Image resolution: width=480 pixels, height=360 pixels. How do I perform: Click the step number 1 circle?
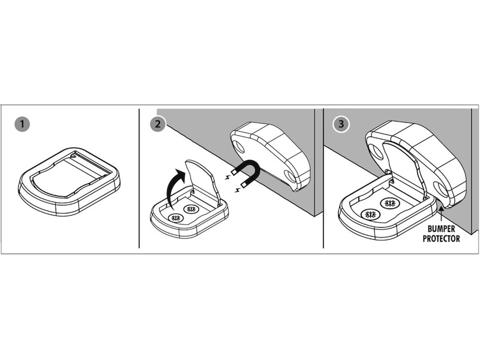pos(22,124)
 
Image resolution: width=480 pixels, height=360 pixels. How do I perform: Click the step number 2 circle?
pos(158,124)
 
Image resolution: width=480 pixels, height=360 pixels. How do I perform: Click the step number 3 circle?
pos(341,124)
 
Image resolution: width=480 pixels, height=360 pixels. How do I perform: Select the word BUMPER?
pos(441,229)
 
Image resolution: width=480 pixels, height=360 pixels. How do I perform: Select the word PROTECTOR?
pos(441,238)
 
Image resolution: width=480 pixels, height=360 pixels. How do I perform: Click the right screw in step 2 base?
pos(191,209)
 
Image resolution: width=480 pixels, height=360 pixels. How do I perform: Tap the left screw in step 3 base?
pos(371,215)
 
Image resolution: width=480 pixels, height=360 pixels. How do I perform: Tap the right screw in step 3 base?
pos(390,204)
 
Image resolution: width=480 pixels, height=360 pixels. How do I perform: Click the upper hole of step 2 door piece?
pos(240,147)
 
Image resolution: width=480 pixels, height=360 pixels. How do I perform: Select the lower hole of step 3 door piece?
pos(441,189)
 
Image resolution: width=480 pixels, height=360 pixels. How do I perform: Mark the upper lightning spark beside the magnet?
pos(228,177)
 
